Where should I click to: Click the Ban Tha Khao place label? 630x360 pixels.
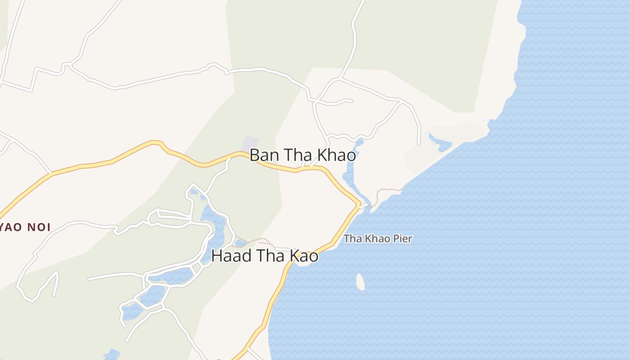(302, 155)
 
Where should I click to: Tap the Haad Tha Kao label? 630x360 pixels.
(265, 256)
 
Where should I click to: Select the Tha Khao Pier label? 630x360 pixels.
(378, 238)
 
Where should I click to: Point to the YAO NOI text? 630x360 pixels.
(25, 227)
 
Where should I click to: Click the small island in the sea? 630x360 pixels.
(360, 282)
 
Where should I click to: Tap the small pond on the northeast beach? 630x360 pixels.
(440, 142)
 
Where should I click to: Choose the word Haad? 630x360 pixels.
(229, 256)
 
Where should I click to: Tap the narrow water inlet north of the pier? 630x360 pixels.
(351, 175)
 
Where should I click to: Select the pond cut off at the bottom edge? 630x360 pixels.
(112, 355)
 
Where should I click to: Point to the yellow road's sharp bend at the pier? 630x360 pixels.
(358, 205)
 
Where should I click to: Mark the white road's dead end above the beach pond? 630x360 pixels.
(418, 144)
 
